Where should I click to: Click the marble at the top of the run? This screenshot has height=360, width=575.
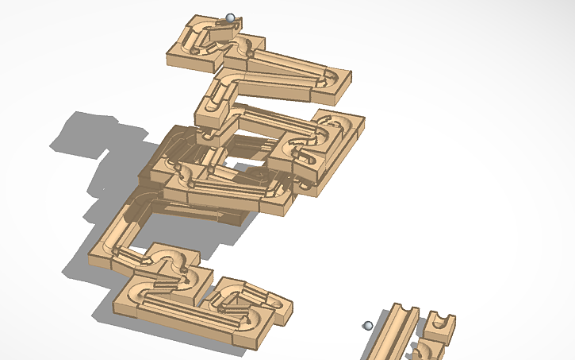click(230, 17)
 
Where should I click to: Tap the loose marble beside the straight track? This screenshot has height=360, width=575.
click(366, 325)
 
